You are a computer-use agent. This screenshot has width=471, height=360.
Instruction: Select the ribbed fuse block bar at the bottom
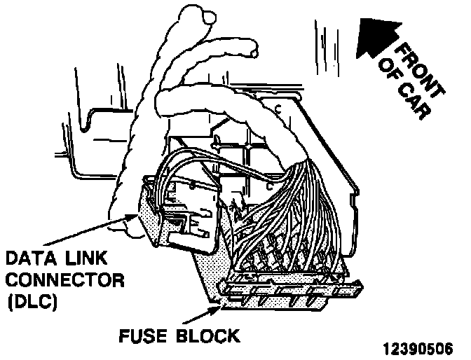point(294,291)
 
